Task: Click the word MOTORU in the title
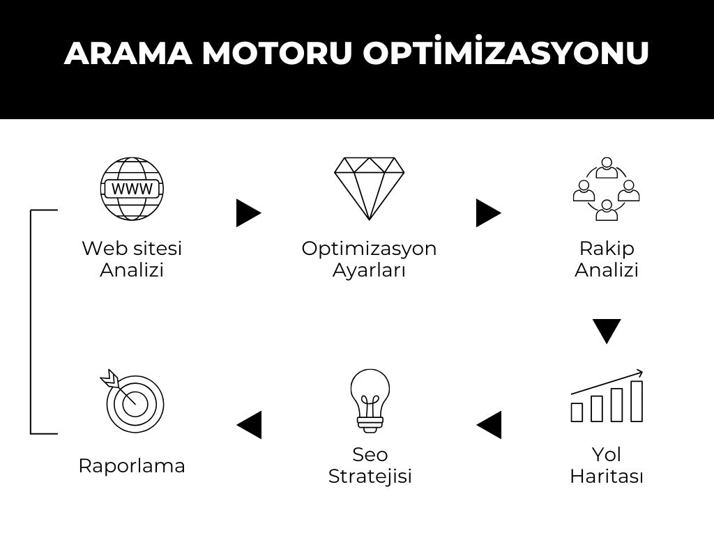pos(278,53)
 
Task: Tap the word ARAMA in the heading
pos(128,53)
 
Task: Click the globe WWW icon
pos(132,189)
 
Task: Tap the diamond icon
pos(369,189)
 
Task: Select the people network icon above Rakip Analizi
pos(607,189)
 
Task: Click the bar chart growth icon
pos(607,396)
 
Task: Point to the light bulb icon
pos(370,401)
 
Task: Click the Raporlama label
pos(132,465)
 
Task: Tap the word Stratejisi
pos(370,476)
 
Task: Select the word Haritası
pos(607,476)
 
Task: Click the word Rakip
pos(607,249)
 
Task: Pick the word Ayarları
pos(369,270)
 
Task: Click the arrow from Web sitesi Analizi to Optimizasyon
pos(249,213)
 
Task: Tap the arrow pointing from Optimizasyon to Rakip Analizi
pos(489,213)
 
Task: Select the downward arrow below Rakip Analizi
pos(607,331)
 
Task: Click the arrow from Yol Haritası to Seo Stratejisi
pos(489,425)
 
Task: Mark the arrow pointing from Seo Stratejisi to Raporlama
pos(249,425)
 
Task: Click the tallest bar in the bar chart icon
pos(637,401)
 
